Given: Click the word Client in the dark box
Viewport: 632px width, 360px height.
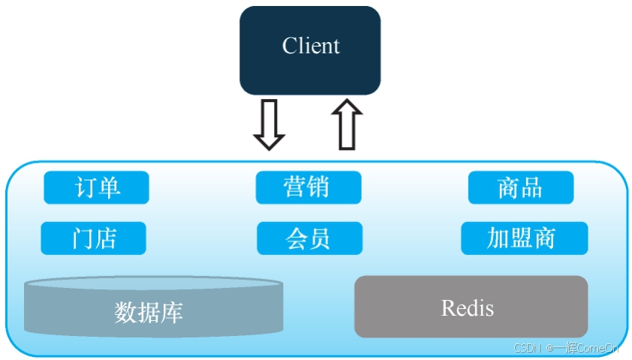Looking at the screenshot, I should tap(311, 46).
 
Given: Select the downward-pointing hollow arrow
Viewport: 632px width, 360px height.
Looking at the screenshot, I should tap(269, 124).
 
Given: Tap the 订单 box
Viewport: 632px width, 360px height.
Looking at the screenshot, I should tap(96, 187).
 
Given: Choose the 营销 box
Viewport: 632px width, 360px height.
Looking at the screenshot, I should tap(308, 187).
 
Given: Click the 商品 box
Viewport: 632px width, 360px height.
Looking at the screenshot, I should tap(520, 187).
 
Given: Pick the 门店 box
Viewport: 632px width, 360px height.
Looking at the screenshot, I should tap(94, 238).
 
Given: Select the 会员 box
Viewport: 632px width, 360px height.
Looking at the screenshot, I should tap(308, 238).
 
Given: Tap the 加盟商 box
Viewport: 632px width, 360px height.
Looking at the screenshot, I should tap(523, 238).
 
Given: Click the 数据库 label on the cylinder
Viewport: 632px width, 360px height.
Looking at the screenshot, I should tap(149, 311).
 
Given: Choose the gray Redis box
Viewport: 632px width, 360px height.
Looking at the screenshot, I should tap(470, 307).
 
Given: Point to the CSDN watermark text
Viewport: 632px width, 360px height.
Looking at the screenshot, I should tap(528, 348).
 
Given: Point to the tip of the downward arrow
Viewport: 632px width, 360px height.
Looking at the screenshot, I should tap(269, 148).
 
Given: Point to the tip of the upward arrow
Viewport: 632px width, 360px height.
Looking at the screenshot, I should tap(346, 101).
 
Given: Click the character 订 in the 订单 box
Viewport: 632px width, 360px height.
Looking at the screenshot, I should tap(85, 187).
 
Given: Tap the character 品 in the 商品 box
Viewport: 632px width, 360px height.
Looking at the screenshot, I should tap(531, 187).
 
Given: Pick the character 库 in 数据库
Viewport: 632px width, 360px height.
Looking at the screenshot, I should tap(172, 311).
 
